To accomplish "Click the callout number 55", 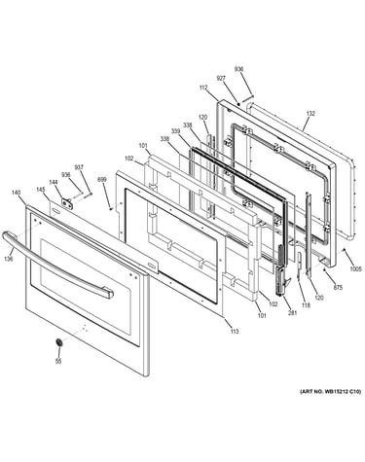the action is (x=58, y=362).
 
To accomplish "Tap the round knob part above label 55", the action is (x=59, y=342).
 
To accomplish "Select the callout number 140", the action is (x=16, y=193).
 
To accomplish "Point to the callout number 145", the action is (x=41, y=190).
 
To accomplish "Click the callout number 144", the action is (x=53, y=182).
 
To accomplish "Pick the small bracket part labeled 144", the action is (x=68, y=202).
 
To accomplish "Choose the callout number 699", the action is (x=102, y=179).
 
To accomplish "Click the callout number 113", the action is (x=235, y=332).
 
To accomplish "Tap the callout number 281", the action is (x=293, y=313).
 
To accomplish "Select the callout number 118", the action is (x=306, y=305).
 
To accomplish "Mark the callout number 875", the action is (x=338, y=287).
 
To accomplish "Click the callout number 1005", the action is (x=355, y=268).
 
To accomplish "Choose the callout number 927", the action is (x=221, y=79).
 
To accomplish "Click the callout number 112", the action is (x=203, y=88).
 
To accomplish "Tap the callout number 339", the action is (x=175, y=131).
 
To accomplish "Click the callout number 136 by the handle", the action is (x=9, y=259).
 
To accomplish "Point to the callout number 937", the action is (x=79, y=167).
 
